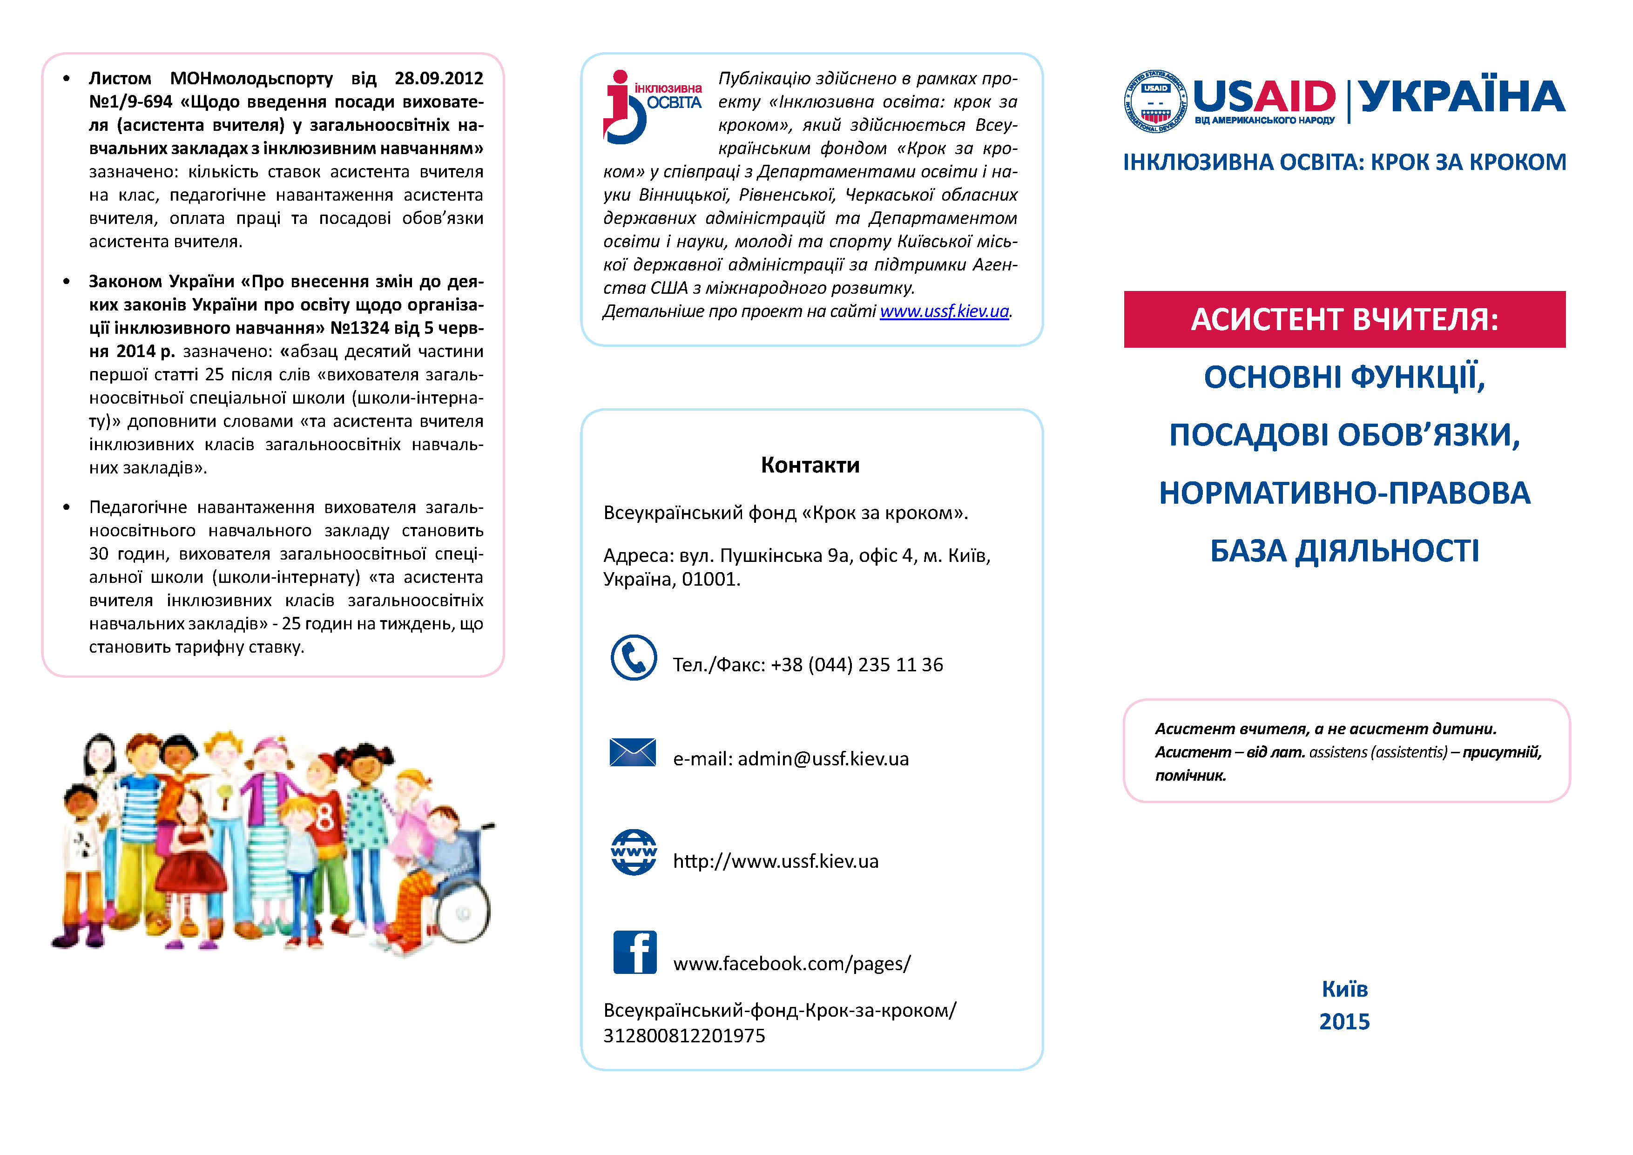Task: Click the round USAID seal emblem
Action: coord(1155,101)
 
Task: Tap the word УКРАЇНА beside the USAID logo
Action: coord(1462,97)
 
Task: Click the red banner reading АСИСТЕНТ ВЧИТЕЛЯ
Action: coord(1344,319)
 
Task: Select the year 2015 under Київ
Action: coord(1344,1021)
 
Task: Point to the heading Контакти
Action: coord(810,465)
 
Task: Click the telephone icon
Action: coord(633,658)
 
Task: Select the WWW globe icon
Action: coord(633,852)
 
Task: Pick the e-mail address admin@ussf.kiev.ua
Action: coord(823,759)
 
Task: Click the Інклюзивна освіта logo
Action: coord(651,107)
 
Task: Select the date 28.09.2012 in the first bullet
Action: coord(439,78)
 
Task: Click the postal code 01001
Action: coord(710,580)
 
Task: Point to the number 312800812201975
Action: coord(684,1035)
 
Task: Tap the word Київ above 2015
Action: coord(1344,989)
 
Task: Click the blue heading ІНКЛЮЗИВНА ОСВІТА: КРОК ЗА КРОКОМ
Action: coord(1344,162)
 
